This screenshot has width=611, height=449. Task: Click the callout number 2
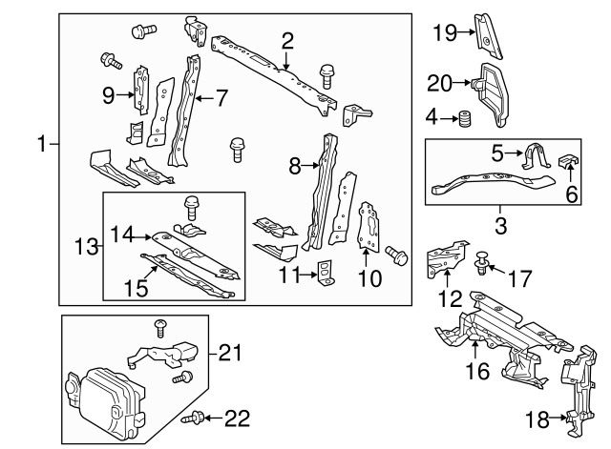tap(287, 40)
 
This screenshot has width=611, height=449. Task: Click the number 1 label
tap(40, 145)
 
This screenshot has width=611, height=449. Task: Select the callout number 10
tap(369, 279)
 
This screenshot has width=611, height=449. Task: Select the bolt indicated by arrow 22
tap(198, 417)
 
